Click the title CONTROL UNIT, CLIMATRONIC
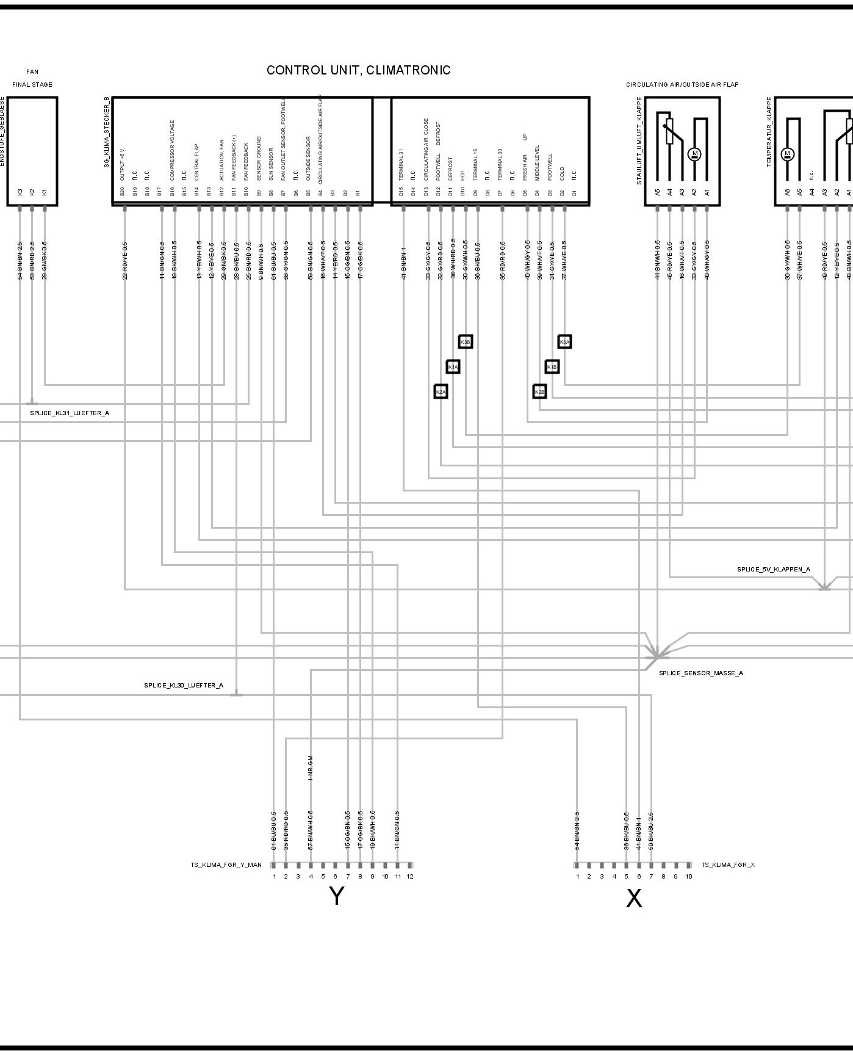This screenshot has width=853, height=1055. (358, 70)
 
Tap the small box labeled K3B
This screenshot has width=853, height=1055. (466, 341)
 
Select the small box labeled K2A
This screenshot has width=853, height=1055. (441, 391)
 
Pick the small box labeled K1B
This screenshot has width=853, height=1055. (552, 366)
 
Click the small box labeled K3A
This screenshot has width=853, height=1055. (564, 341)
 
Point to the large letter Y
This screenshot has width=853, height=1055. (337, 896)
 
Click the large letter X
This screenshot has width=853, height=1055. (634, 899)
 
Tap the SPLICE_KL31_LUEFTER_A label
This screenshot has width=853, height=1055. (70, 413)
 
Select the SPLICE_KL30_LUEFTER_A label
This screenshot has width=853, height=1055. (184, 686)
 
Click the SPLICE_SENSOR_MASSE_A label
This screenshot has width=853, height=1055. (700, 673)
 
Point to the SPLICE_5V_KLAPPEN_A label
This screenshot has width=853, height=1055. (773, 570)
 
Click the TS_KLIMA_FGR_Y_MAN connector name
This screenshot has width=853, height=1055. (226, 865)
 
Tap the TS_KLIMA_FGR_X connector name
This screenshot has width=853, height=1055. (727, 865)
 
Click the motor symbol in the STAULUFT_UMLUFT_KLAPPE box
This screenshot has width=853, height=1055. (694, 154)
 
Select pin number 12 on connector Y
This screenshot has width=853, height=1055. (410, 877)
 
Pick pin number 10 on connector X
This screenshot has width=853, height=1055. (689, 877)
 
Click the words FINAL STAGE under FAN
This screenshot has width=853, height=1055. (32, 85)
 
